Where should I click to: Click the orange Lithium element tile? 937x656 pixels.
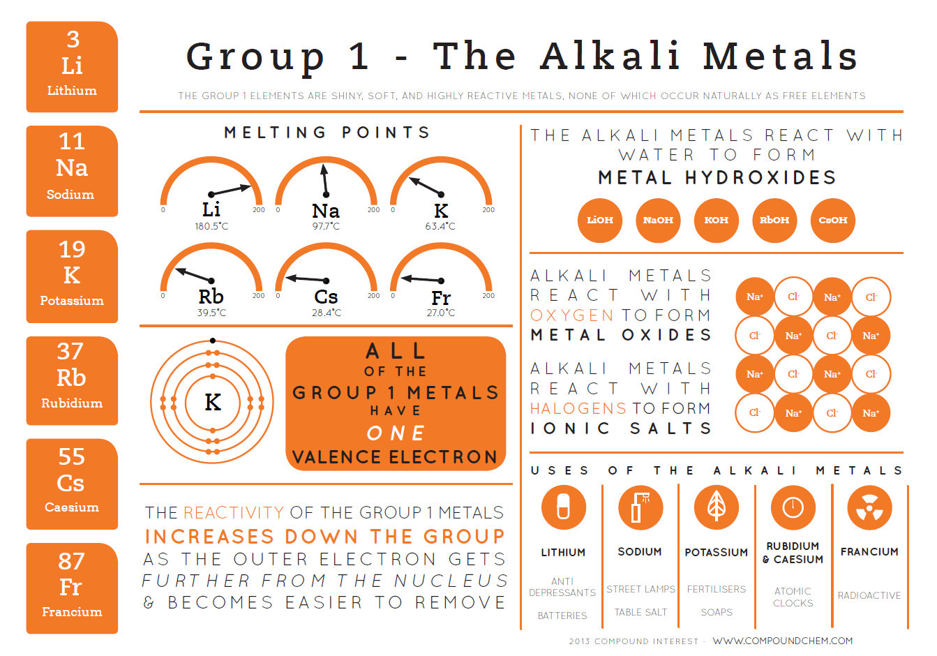(72, 66)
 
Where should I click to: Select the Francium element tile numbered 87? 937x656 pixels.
(72, 588)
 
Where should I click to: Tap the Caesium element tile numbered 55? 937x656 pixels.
(72, 484)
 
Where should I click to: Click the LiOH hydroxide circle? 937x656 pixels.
(599, 221)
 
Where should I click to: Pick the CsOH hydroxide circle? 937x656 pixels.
(832, 221)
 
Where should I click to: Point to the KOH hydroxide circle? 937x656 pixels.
(716, 221)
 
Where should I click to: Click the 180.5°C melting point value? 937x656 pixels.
(211, 226)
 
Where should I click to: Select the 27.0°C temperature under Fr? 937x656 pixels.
(441, 313)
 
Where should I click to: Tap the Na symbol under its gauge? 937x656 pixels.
(326, 211)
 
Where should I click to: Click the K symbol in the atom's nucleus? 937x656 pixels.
(213, 402)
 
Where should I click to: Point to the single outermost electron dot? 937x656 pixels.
(213, 341)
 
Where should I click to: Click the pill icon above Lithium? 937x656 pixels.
(563, 507)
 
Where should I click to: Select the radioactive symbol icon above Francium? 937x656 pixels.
(869, 507)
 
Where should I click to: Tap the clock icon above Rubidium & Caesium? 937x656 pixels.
(793, 507)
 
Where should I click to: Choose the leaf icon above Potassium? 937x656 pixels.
(717, 507)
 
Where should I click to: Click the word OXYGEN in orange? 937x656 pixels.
(571, 315)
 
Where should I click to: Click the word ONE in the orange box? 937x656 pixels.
(396, 433)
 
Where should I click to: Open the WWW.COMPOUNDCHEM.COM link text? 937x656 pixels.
(782, 641)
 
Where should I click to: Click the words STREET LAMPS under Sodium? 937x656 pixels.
(640, 589)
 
